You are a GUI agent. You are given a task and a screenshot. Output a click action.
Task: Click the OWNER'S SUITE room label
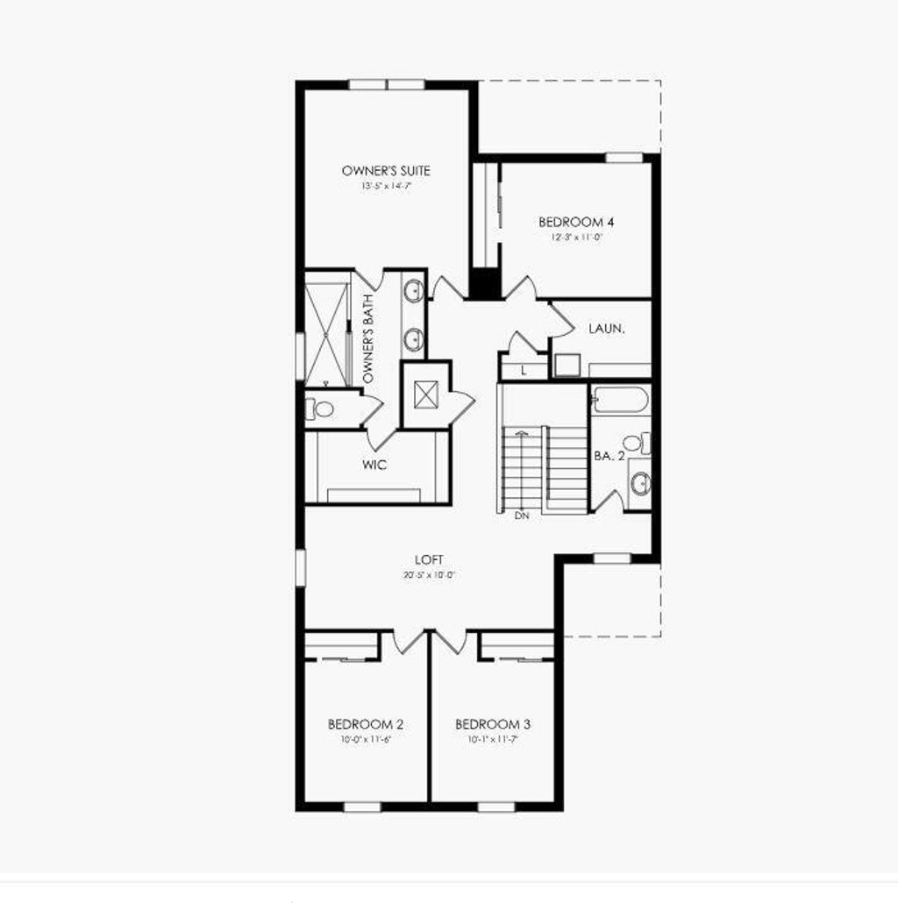[386, 171]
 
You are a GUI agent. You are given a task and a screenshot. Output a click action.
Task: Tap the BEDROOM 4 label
[570, 222]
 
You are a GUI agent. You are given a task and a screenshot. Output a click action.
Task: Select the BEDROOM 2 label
[366, 724]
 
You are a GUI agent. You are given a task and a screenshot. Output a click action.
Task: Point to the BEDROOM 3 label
[493, 724]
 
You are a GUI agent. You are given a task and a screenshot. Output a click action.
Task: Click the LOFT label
[430, 559]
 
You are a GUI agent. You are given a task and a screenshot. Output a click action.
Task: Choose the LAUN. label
[606, 329]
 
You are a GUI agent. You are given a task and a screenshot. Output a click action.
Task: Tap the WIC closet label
[374, 465]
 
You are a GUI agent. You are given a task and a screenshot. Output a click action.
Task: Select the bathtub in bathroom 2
[619, 400]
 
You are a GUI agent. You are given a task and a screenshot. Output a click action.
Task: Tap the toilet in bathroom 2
[635, 443]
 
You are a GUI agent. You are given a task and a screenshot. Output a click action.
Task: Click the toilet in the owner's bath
[320, 409]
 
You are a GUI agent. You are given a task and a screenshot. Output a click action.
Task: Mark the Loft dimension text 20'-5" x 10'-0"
[430, 576]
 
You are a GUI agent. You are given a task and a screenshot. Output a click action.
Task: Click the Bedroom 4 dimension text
[570, 238]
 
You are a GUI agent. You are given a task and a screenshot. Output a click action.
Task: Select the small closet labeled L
[524, 370]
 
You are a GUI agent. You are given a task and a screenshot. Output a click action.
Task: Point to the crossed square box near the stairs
[425, 395]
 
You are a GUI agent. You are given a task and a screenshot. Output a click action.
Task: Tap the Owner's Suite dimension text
[386, 187]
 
